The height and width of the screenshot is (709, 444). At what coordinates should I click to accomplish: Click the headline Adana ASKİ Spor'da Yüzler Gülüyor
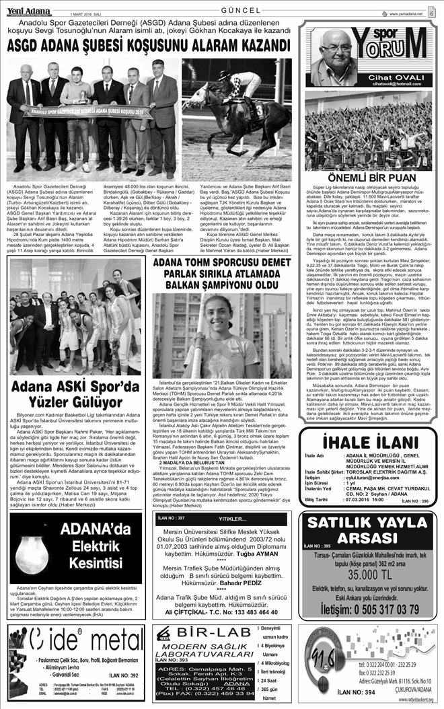[75, 398]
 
